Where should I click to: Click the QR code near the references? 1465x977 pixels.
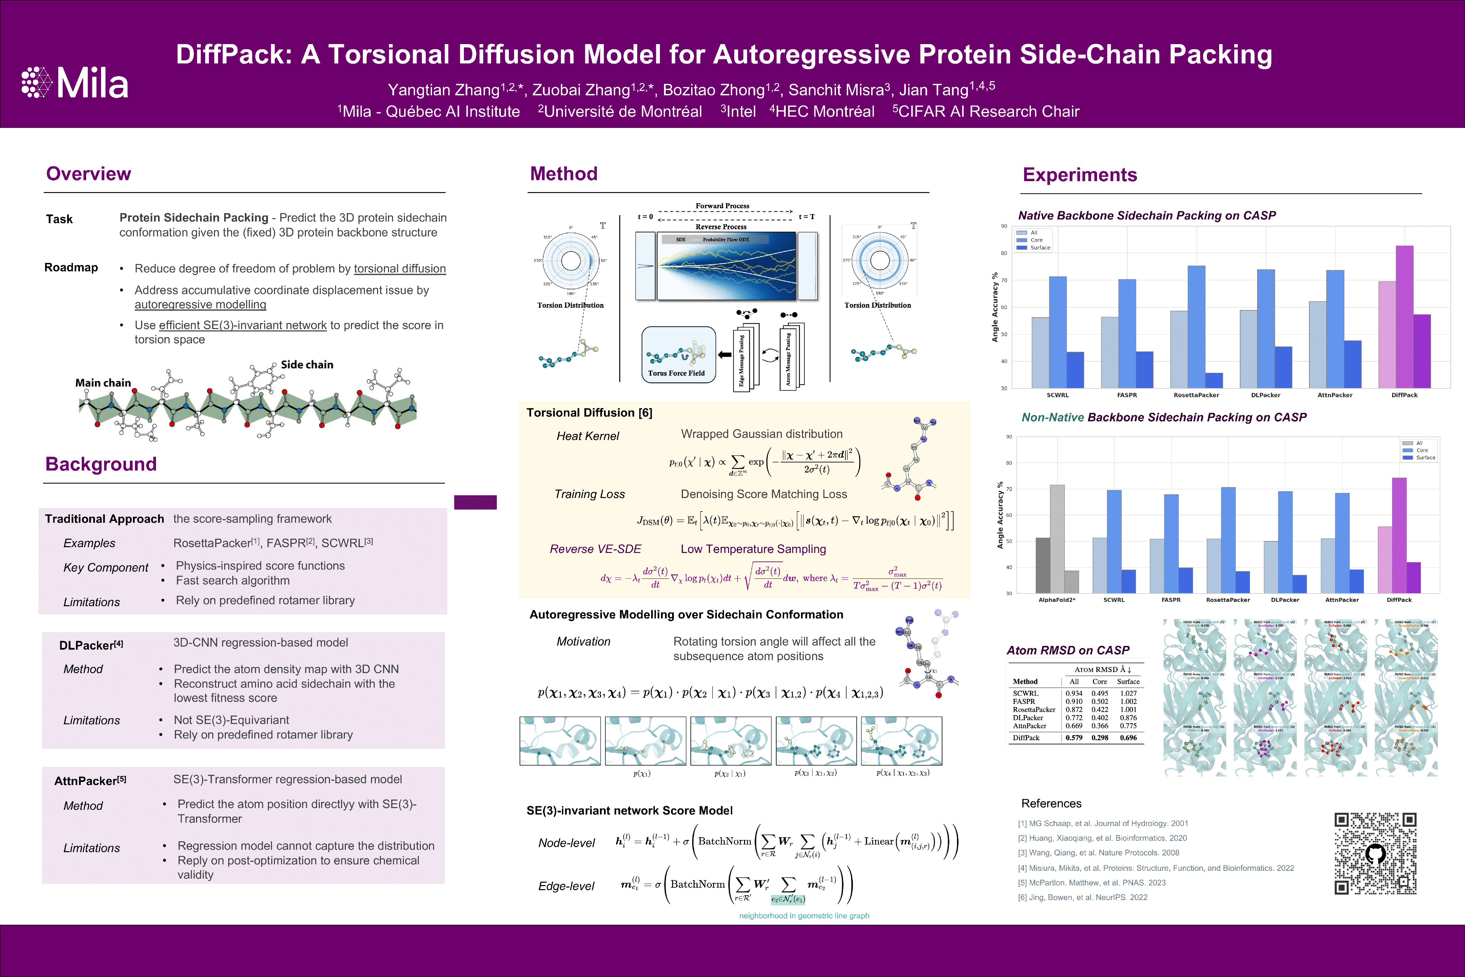tap(1375, 854)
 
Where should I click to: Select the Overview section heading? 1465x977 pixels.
tap(89, 174)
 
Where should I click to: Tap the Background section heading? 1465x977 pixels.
tap(101, 464)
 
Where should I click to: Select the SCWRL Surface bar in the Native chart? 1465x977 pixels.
tap(1075, 370)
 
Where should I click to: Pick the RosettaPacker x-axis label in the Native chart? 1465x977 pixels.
tap(1196, 395)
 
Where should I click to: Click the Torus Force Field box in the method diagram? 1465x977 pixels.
tap(678, 355)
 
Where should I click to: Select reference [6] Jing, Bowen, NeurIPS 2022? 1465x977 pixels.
tap(1082, 897)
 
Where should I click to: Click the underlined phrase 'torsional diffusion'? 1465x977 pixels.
tap(400, 269)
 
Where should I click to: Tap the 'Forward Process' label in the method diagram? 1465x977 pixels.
tap(723, 206)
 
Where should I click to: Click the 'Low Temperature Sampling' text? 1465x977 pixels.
tap(753, 549)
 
